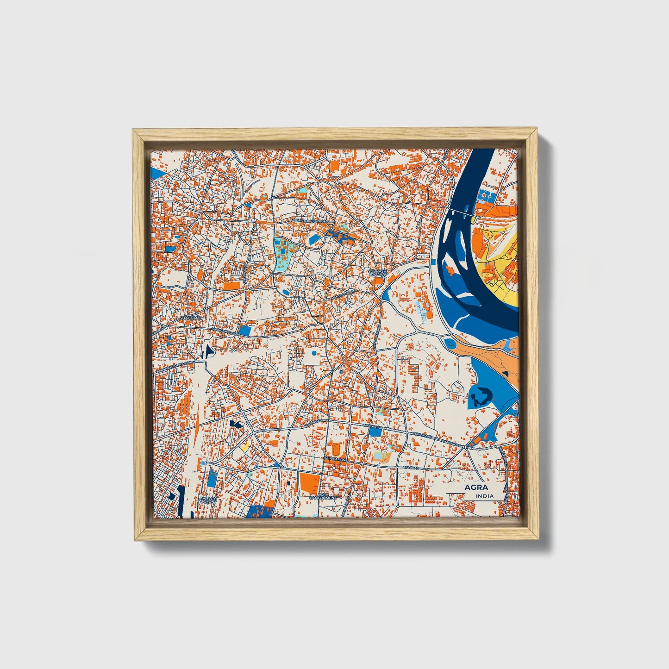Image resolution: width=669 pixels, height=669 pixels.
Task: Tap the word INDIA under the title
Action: [484, 496]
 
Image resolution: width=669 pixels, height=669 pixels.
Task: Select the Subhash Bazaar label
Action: [376, 273]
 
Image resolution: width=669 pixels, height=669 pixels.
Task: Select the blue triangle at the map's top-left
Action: [158, 175]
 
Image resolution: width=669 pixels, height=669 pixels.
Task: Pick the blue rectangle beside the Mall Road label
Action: [375, 431]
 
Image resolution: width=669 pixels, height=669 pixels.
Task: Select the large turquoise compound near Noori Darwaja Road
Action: [282, 252]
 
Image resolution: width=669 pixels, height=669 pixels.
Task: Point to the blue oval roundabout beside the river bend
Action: [449, 344]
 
